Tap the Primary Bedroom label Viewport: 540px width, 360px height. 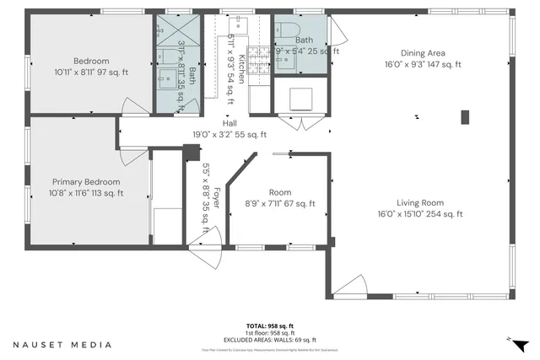click(x=87, y=181)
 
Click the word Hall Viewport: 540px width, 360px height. click(x=229, y=123)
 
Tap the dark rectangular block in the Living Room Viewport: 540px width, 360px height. click(x=464, y=117)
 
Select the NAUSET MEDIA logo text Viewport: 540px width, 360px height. click(x=62, y=345)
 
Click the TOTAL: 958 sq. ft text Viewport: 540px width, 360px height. click(x=269, y=325)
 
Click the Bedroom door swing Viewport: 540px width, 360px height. click(x=133, y=106)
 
